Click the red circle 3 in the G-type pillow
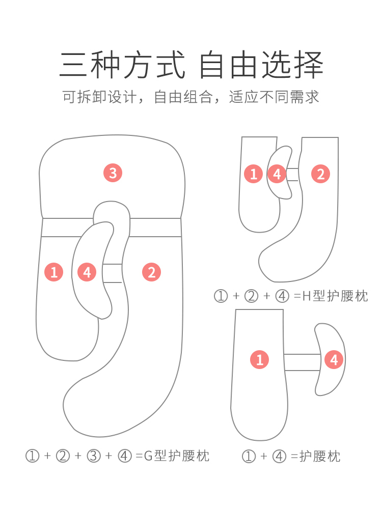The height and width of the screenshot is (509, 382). click(113, 173)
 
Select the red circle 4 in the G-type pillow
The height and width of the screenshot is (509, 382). click(87, 272)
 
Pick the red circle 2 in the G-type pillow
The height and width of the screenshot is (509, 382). click(151, 272)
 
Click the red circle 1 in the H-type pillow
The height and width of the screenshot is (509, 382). click(253, 174)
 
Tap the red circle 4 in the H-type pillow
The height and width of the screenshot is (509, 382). click(277, 174)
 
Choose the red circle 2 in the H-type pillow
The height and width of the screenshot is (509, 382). click(320, 174)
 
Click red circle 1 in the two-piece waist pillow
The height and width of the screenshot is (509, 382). click(260, 360)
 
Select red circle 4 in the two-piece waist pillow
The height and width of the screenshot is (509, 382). click(334, 360)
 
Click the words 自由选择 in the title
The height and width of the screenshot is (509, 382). click(261, 65)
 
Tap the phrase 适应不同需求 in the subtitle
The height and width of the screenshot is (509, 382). click(275, 97)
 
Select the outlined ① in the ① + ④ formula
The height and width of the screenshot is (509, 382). click(249, 457)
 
